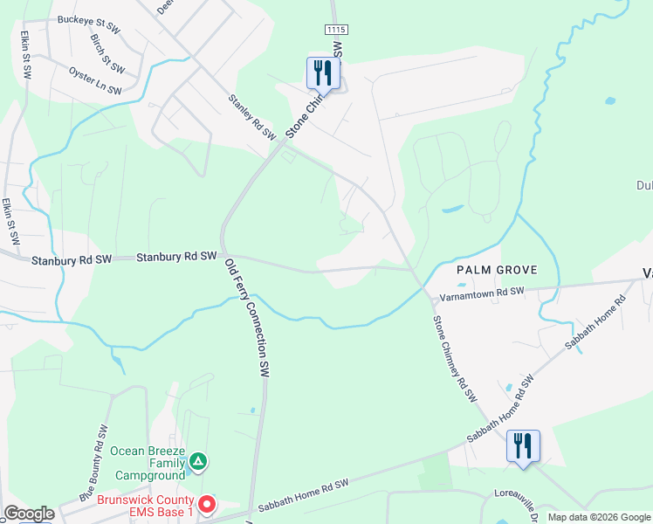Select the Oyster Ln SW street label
pyautogui.click(x=96, y=76)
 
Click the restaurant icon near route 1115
pyautogui.click(x=323, y=73)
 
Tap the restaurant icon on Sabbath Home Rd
pyautogui.click(x=523, y=445)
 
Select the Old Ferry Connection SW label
pyautogui.click(x=246, y=316)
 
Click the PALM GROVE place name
pyautogui.click(x=497, y=270)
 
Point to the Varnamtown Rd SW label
pyautogui.click(x=482, y=294)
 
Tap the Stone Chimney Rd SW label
pyautogui.click(x=455, y=358)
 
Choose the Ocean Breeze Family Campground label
pyautogui.click(x=148, y=463)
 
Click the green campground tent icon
pyautogui.click(x=198, y=461)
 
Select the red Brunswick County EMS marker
pyautogui.click(x=206, y=504)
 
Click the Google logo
pyautogui.click(x=28, y=514)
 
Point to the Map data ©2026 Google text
pyautogui.click(x=598, y=517)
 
